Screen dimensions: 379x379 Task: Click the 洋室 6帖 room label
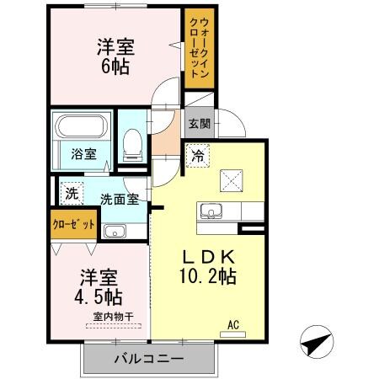pos(115,57)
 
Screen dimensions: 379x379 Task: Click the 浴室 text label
pos(83,155)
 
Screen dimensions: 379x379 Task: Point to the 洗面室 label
pos(120,200)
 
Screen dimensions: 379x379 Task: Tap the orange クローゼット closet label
pos(68,226)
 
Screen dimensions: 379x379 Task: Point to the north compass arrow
pos(313,344)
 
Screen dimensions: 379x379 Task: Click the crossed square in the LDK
pos(231,180)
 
